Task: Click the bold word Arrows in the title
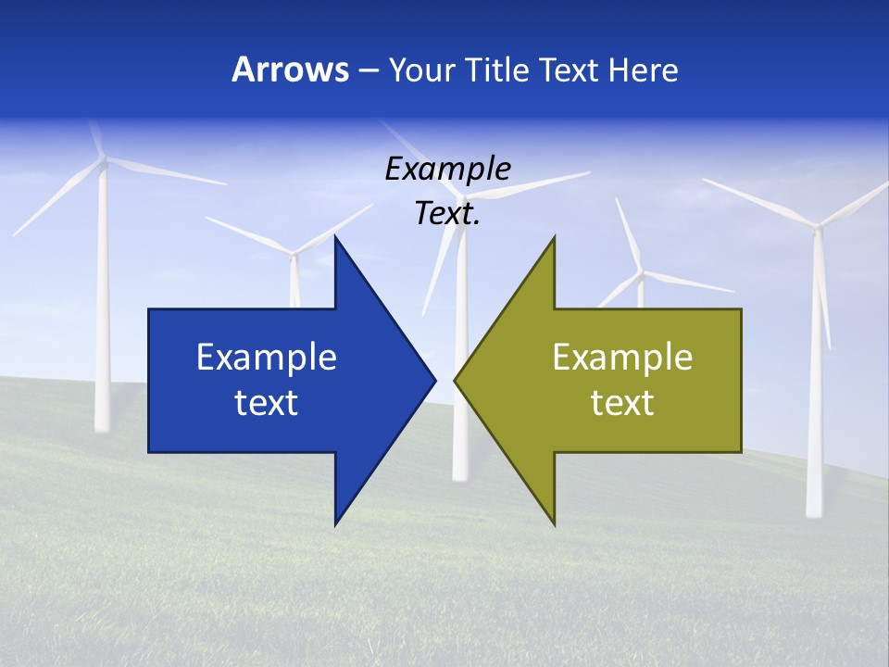290,70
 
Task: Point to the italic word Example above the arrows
447,170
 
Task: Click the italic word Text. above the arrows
447,214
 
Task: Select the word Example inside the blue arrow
266,358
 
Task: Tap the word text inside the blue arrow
266,403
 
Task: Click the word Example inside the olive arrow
622,358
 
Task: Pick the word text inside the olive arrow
622,403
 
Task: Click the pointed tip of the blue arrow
434,380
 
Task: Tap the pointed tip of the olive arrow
455,380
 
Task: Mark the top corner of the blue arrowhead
335,237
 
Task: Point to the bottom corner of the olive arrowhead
554,524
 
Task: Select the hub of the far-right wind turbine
817,225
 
